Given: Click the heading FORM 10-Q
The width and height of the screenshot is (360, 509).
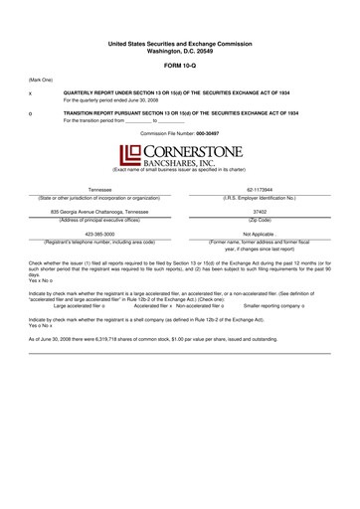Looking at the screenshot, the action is tap(180, 63).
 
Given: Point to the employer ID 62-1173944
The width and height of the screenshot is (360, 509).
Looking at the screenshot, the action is tap(261, 190).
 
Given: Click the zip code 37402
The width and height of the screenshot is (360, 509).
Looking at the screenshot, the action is tap(261, 212).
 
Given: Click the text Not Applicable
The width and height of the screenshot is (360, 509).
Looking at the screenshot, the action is tap(261, 235).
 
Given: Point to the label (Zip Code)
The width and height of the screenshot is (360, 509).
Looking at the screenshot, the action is tap(261, 219).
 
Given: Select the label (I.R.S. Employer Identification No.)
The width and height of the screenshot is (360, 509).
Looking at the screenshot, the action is tap(261, 197).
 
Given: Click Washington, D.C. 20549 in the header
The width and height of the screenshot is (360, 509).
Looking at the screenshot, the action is tap(180, 49).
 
